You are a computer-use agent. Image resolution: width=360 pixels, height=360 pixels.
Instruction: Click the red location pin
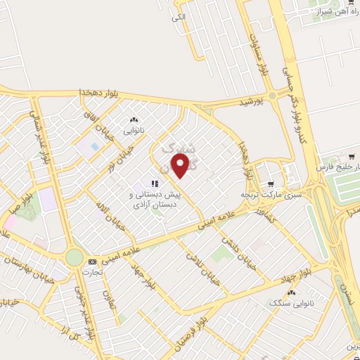(x=181, y=165)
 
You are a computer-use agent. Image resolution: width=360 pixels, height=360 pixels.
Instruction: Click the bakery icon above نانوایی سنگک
(x=291, y=292)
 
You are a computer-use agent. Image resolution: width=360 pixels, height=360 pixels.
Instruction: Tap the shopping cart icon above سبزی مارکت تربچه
(x=269, y=181)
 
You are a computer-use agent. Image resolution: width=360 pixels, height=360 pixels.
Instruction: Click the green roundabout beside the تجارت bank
(x=74, y=257)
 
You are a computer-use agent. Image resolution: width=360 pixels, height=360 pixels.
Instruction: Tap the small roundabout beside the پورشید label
(x=271, y=96)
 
